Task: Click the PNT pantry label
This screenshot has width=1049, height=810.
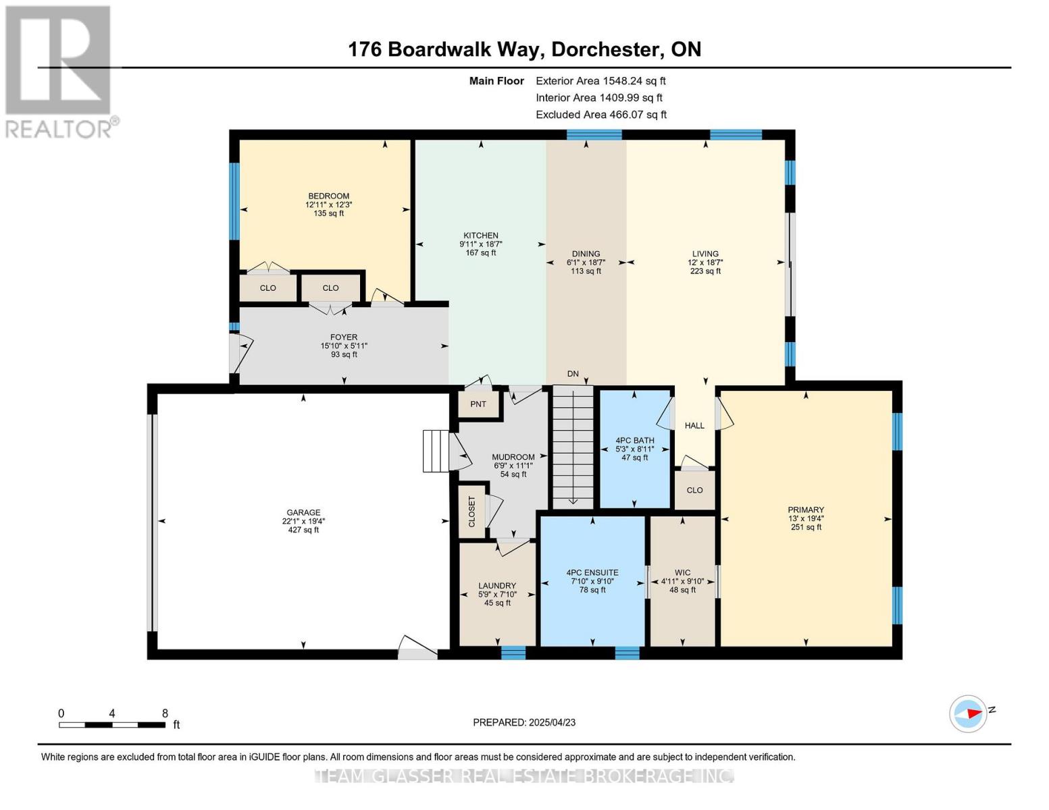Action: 478,404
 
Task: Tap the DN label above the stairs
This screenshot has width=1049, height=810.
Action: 573,374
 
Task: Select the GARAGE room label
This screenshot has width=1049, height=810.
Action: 303,512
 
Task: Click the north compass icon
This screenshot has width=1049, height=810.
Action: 968,713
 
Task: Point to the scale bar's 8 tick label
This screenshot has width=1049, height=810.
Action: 165,713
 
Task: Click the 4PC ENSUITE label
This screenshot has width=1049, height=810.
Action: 592,572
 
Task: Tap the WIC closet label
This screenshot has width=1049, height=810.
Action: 682,572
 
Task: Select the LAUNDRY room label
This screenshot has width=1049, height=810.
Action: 497,586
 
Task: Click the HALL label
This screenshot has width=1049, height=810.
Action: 694,426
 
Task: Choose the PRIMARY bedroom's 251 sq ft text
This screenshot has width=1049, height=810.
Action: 806,527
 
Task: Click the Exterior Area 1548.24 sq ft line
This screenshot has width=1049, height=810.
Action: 600,81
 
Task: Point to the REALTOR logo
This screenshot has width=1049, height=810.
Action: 59,72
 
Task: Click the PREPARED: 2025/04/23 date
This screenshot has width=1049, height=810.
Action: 524,722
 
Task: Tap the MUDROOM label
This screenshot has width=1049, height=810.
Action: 513,457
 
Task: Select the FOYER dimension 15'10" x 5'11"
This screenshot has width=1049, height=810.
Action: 344,346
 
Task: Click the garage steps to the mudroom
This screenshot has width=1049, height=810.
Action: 436,450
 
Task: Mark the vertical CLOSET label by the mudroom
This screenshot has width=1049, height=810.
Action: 471,512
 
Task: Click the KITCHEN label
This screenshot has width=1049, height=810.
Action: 480,236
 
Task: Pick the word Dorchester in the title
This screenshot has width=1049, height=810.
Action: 605,49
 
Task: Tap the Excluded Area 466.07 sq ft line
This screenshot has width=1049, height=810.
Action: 600,115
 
